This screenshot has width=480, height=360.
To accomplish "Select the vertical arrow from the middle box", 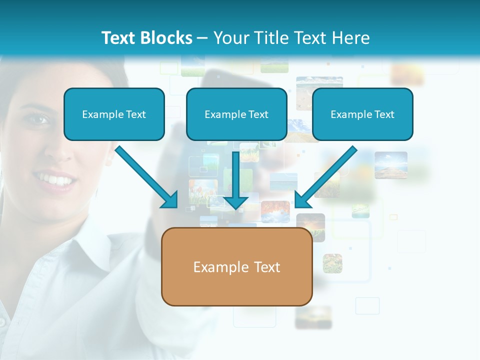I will coord(236,180).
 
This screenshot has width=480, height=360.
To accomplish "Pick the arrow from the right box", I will coord(326,177).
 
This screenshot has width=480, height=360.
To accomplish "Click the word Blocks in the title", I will coord(166,38).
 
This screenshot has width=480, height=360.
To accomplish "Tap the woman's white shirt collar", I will coord(85,245).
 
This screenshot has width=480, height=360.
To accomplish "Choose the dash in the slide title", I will coord(202,38).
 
